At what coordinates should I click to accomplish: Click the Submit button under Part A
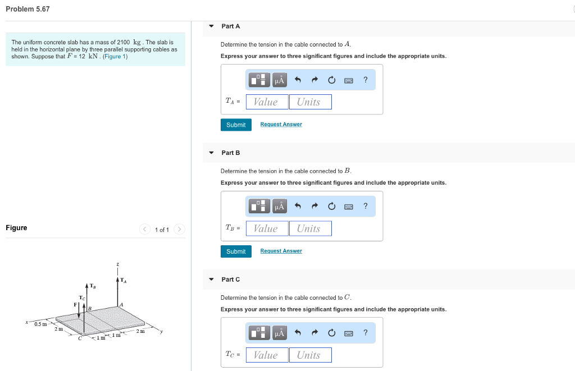click(236, 125)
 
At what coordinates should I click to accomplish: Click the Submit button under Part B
click(236, 251)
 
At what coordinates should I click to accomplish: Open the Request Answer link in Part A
click(281, 125)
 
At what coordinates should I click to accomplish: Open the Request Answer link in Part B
click(281, 251)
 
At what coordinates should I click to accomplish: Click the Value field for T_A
click(267, 102)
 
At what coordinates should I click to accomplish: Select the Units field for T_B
click(310, 228)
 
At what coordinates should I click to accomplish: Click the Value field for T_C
click(267, 355)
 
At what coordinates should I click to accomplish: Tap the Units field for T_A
click(310, 102)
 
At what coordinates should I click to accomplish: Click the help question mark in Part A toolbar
click(366, 80)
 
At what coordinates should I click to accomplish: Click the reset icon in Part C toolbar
click(331, 333)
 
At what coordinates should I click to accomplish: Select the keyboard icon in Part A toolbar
click(349, 80)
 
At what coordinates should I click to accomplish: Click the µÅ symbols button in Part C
click(279, 333)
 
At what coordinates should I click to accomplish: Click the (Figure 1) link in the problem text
click(115, 57)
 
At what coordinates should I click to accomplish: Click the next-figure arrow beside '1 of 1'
click(179, 230)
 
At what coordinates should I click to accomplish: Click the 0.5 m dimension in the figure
click(40, 324)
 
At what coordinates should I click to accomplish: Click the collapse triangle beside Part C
click(212, 280)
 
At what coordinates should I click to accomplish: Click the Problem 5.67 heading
click(28, 9)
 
